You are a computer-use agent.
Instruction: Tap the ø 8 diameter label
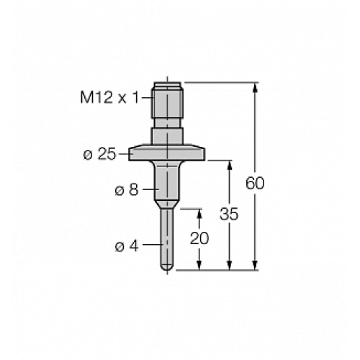127,190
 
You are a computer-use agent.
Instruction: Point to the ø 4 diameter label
127,245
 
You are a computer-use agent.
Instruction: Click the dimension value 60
255,183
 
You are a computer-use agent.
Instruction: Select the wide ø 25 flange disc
167,153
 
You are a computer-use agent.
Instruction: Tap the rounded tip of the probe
167,268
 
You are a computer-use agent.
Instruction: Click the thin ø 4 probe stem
167,238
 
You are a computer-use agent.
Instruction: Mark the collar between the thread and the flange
167,136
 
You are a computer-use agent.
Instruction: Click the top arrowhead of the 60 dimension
255,86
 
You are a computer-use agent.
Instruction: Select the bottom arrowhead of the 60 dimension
255,266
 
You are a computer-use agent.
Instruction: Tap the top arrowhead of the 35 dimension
228,164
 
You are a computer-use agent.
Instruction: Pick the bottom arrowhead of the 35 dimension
228,266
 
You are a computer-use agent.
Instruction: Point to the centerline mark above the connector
167,78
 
